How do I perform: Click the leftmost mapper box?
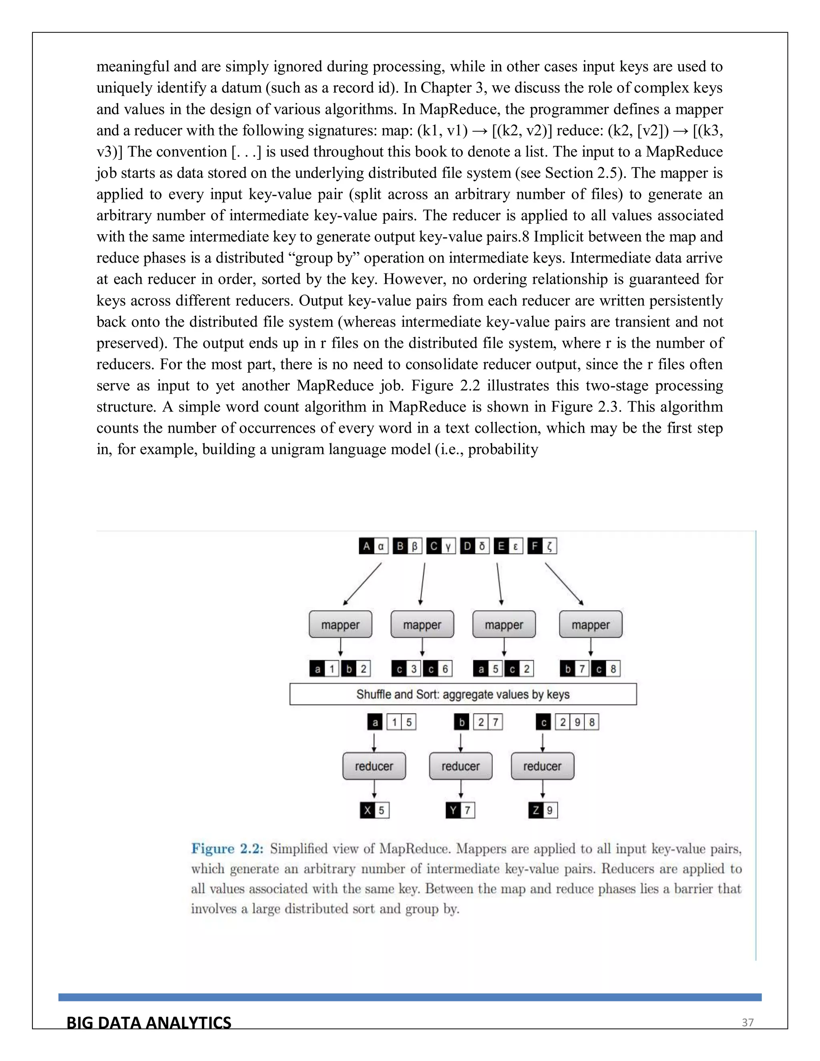340,624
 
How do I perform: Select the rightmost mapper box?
590,624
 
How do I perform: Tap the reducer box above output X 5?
374,766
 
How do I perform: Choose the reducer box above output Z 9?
542,766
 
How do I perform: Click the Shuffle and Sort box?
462,694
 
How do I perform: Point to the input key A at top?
366,546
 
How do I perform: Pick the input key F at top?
535,546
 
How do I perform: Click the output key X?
367,810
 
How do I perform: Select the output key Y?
453,810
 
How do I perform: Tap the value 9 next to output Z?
550,810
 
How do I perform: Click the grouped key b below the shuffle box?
462,722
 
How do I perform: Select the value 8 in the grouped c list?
592,722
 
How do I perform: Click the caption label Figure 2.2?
227,849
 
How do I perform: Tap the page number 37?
747,1023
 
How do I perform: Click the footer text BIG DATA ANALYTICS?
149,1023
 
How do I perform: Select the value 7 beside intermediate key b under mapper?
581,669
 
